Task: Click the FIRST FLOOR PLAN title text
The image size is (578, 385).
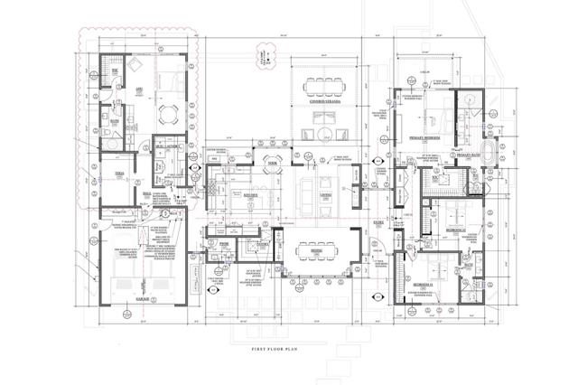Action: coord(287,334)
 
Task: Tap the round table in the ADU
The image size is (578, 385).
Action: coord(168,112)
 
